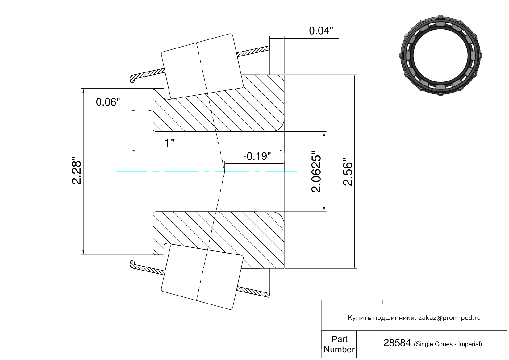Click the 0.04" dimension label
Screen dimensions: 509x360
321,31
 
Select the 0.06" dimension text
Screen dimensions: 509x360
108,102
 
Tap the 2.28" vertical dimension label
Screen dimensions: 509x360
76,170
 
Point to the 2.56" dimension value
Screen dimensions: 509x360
348,172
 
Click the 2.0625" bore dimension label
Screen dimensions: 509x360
316,172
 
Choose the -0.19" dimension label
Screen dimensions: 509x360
257,156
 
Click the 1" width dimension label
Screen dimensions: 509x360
169,143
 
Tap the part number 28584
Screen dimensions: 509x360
397,343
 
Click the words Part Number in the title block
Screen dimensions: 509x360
339,344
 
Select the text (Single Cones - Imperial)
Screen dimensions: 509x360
448,344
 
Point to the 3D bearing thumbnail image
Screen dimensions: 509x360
440,56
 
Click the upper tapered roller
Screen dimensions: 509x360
202,66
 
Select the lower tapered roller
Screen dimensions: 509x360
202,277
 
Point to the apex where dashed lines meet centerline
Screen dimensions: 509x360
224,172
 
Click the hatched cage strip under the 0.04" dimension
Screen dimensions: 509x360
253,51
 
